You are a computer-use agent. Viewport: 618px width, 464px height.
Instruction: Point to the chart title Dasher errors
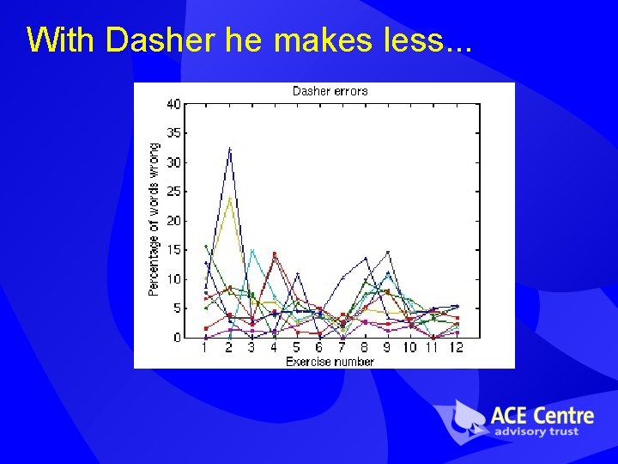330,91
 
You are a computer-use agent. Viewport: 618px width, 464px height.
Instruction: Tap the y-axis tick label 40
174,104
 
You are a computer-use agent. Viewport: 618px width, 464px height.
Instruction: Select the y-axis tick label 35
174,133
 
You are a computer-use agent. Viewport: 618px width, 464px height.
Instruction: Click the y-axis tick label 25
174,192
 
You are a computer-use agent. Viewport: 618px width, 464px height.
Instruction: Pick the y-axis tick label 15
174,250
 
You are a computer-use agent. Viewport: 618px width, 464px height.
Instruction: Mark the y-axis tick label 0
177,338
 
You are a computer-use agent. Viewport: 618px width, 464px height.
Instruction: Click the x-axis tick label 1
205,348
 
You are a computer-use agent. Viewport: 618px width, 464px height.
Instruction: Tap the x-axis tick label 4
274,348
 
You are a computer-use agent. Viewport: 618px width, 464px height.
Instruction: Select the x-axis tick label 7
342,348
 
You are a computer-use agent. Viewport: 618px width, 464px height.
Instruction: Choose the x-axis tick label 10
410,348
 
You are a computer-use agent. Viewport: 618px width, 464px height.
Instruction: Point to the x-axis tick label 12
456,348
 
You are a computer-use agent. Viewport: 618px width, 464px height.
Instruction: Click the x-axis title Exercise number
330,362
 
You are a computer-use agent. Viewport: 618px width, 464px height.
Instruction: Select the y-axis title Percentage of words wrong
154,220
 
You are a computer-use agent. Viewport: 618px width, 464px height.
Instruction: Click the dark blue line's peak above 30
229,150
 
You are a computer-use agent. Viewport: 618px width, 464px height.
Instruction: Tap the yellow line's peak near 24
229,198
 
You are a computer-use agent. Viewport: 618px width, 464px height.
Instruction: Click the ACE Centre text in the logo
541,415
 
